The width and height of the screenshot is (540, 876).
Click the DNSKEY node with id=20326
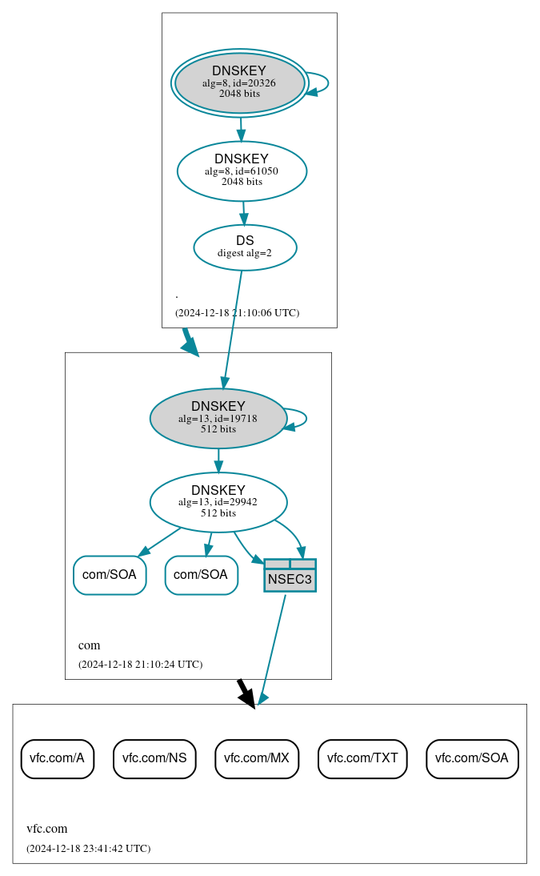pos(239,83)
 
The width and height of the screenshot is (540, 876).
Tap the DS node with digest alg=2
pos(245,247)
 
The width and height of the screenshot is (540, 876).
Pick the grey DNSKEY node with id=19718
pos(218,418)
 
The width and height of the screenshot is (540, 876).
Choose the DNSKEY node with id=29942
pos(218,502)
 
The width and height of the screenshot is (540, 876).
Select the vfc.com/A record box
pos(57,758)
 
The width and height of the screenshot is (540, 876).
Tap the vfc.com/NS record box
pos(154,758)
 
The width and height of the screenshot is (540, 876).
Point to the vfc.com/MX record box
pos(257,758)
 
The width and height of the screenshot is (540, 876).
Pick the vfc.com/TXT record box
pos(362,758)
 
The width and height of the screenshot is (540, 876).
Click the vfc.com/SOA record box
pos(472,758)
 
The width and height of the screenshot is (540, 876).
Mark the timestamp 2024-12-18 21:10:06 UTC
pos(237,312)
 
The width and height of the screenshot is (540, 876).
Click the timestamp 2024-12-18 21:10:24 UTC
pos(140,664)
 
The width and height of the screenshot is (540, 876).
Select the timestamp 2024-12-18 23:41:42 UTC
pos(88,848)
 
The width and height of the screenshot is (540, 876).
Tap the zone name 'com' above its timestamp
pos(89,645)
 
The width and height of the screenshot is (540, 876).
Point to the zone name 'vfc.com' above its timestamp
pos(47,829)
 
